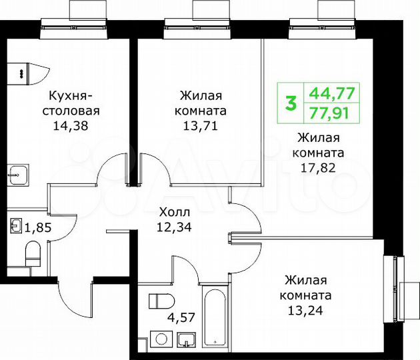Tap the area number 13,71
point(201,125)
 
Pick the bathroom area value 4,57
point(180,318)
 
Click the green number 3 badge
point(291,104)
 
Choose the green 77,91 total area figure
point(332,113)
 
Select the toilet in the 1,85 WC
point(32,252)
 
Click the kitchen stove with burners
point(24,71)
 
